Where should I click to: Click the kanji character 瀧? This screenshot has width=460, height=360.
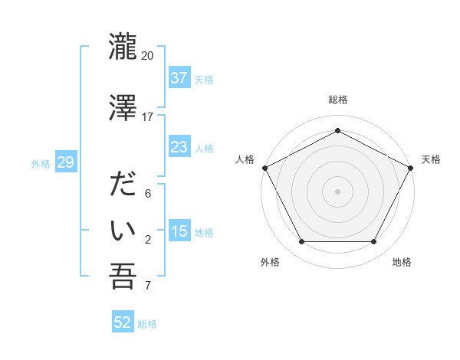click(x=123, y=47)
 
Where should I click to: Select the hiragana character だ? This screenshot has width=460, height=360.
click(x=123, y=186)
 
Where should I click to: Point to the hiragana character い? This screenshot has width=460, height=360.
click(x=123, y=230)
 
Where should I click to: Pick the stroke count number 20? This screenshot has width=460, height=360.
click(x=148, y=56)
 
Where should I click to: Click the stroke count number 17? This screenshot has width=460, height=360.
click(x=148, y=117)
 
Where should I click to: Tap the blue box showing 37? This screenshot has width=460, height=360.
click(x=179, y=78)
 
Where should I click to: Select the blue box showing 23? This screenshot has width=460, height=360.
click(x=179, y=147)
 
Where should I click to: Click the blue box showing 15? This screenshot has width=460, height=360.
click(x=179, y=231)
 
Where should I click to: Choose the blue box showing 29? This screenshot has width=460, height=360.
click(x=65, y=162)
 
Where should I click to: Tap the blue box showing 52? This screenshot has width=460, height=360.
click(x=123, y=322)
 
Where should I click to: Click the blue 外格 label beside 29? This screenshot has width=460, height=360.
click(x=41, y=163)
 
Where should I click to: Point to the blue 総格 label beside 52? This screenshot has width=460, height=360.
click(x=147, y=323)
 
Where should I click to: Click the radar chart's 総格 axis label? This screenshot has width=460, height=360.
click(x=337, y=100)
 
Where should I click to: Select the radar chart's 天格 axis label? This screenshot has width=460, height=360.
click(x=431, y=159)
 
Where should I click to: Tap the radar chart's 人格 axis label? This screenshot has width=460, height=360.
click(x=245, y=159)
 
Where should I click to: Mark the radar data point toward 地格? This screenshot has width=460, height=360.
click(x=374, y=242)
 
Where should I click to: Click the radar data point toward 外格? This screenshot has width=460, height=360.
click(x=301, y=242)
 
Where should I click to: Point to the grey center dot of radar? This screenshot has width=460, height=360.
click(x=337, y=191)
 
